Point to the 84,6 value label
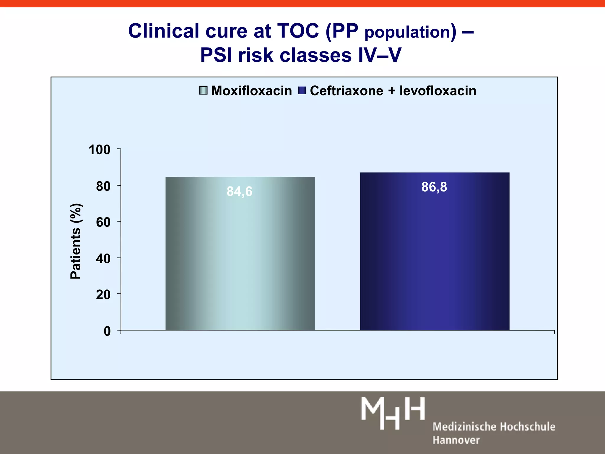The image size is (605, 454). (239, 192)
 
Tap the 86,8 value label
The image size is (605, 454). (434, 187)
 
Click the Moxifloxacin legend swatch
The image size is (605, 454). (203, 90)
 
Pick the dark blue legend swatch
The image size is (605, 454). (302, 90)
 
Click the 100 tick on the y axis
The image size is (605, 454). (100, 150)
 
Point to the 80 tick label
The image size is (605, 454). (103, 186)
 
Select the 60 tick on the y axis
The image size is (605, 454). (103, 222)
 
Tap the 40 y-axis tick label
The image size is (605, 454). (103, 259)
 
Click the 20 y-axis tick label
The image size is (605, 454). (103, 295)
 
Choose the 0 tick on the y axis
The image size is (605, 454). (107, 331)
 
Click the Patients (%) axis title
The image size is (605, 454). (76, 241)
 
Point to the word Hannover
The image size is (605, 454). (456, 440)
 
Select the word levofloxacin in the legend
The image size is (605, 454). (438, 91)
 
